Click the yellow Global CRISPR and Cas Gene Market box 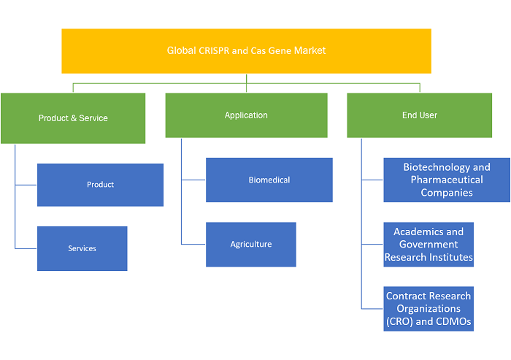247,51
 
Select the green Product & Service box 73,118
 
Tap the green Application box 247,115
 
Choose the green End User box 420,115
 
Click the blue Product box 101,185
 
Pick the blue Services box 82,248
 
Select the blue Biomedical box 269,180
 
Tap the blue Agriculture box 251,244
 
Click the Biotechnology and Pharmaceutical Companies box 447,180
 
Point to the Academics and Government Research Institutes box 429,244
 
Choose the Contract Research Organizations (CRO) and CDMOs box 429,308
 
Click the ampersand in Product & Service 74,118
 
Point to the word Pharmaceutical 447,180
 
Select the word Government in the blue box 429,244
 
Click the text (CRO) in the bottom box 399,321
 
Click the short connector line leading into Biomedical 193,180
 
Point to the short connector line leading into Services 26,248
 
